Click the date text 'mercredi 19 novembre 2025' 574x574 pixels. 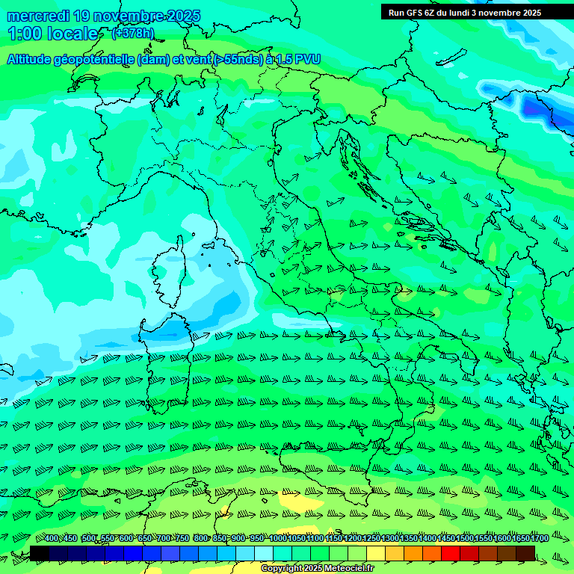[103, 16]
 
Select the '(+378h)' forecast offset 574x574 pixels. [132, 33]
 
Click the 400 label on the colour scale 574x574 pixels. [52, 538]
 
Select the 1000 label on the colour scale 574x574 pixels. [278, 538]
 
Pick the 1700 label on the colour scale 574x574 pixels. [539, 538]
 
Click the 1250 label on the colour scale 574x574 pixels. [371, 538]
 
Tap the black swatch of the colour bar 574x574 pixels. [40, 553]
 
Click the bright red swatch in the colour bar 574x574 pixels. [451, 553]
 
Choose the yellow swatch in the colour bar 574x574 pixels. [376, 553]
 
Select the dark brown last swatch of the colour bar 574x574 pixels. [525, 553]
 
